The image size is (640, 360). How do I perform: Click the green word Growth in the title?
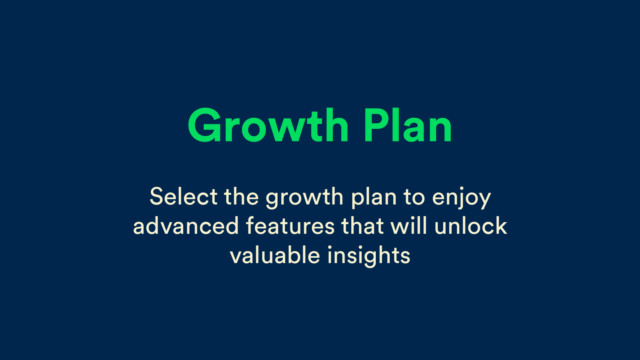[268, 126]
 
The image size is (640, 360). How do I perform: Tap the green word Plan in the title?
[408, 126]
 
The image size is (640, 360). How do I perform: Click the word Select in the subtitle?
[184, 196]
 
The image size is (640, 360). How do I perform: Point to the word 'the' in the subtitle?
[241, 196]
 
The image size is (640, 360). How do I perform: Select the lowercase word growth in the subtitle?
[305, 198]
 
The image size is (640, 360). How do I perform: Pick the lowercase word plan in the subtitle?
[374, 198]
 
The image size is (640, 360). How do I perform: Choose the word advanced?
[186, 226]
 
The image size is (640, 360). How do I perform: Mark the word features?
[290, 226]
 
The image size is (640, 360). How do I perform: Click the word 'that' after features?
[362, 226]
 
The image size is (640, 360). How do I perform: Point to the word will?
[409, 226]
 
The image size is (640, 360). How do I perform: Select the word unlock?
[470, 226]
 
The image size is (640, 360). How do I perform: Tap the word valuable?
[275, 255]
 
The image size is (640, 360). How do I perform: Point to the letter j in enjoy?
[462, 199]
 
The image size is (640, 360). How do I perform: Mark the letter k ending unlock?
[501, 226]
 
